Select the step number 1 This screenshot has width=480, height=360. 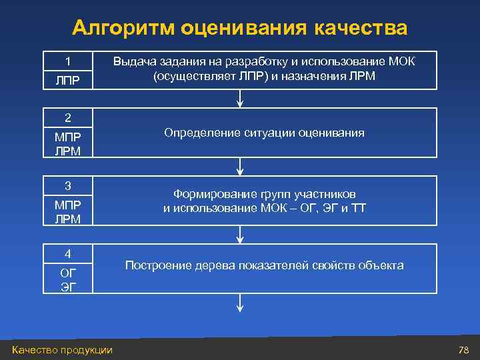pyautogui.click(x=67, y=61)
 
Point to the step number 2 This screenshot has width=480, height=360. pyautogui.click(x=67, y=118)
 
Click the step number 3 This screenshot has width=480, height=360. pyautogui.click(x=67, y=185)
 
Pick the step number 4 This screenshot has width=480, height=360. pyautogui.click(x=67, y=253)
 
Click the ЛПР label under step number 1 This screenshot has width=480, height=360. pyautogui.click(x=67, y=80)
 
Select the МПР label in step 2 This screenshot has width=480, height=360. pyautogui.click(x=67, y=137)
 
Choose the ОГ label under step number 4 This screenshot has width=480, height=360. pyautogui.click(x=67, y=273)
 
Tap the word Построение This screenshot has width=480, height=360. pyautogui.click(x=158, y=265)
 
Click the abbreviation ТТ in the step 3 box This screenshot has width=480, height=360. pyautogui.click(x=359, y=208)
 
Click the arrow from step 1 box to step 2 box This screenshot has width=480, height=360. pyautogui.click(x=241, y=99)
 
